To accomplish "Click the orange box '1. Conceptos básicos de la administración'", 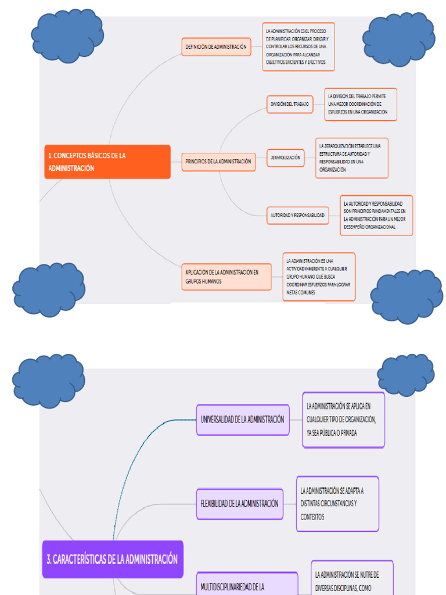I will [x=108, y=162].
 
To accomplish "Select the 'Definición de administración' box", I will [x=216, y=46].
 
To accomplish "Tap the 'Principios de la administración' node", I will [x=218, y=162].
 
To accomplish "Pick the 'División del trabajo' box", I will [x=289, y=105].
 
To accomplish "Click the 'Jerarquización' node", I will [x=286, y=157].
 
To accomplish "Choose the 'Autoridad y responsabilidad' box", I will [x=297, y=215].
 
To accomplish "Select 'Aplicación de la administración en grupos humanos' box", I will [x=226, y=277].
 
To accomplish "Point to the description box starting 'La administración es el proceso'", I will [x=298, y=46].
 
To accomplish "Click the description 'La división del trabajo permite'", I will [x=360, y=104].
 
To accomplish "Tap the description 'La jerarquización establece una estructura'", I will [x=352, y=157].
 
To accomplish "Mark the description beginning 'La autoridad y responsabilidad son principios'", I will [x=376, y=215].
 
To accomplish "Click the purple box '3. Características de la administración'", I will [x=113, y=559].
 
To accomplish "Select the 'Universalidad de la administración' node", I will [x=243, y=419].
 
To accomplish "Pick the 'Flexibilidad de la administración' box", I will [x=239, y=503].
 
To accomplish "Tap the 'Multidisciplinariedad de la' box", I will [x=247, y=586].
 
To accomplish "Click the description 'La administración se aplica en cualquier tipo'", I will [x=343, y=420].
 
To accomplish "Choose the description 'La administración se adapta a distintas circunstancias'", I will [x=337, y=504].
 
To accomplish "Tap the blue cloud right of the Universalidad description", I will [x=405, y=375].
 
